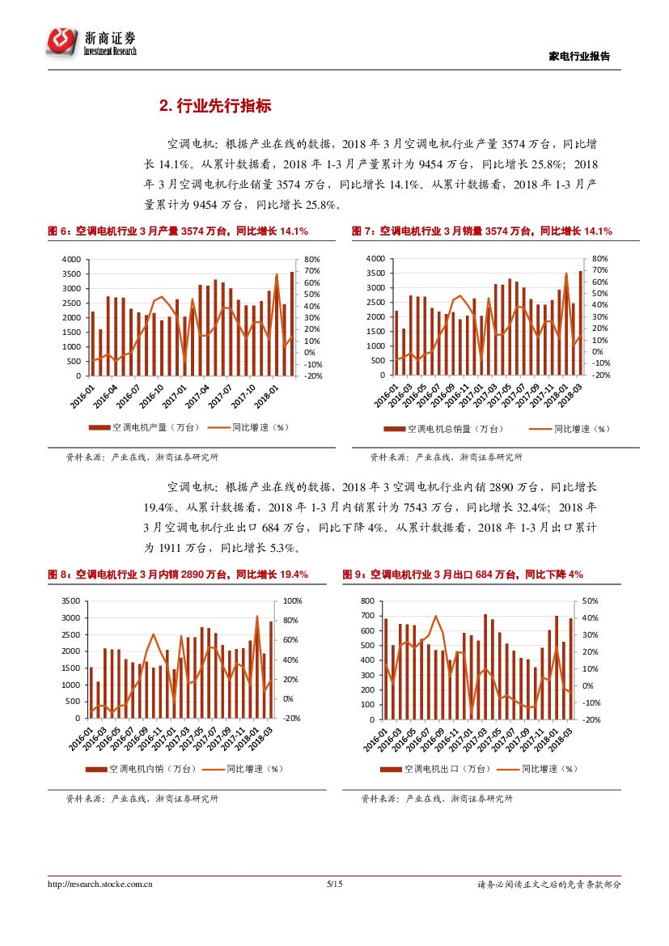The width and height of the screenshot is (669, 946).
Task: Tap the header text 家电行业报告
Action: coord(579,57)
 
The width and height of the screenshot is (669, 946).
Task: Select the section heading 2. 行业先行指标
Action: coord(214,106)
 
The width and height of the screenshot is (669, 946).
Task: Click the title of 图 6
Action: coord(178,231)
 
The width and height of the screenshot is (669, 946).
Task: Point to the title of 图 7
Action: coord(481,231)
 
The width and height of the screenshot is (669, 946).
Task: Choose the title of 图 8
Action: coord(178,574)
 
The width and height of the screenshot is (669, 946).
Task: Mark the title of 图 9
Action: coord(462,574)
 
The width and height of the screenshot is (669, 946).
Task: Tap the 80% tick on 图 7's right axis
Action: coord(599,258)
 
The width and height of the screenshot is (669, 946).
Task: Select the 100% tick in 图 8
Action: coord(293,601)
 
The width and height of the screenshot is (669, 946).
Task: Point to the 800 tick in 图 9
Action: coord(368,601)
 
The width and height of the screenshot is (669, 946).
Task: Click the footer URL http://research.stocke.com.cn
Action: coord(100,884)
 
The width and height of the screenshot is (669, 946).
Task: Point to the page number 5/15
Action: coord(334,884)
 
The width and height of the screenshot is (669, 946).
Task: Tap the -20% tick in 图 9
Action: coord(591,719)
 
